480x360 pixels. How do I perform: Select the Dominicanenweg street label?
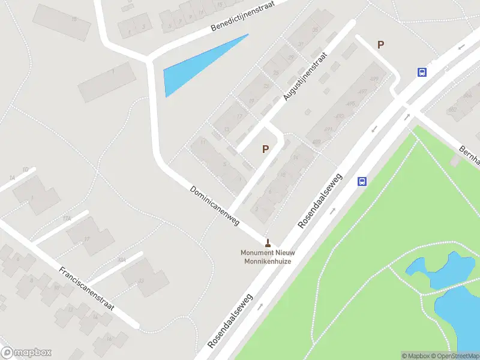[214, 205]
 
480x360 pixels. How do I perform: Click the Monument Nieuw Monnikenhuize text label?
[267, 256]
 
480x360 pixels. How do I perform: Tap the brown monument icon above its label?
[268, 243]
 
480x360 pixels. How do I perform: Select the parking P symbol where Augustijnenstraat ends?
[265, 149]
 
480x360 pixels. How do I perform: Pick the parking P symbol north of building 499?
[380, 44]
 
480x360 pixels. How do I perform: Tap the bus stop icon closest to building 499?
[422, 72]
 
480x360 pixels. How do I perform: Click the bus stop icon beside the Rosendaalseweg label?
[362, 181]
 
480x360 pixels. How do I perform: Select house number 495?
[351, 104]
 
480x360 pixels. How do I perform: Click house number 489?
[316, 142]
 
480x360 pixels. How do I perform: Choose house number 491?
[328, 129]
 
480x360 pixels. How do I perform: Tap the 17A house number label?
[66, 219]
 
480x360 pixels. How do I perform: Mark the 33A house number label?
[122, 260]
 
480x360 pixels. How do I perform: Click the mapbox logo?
[26, 352]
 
